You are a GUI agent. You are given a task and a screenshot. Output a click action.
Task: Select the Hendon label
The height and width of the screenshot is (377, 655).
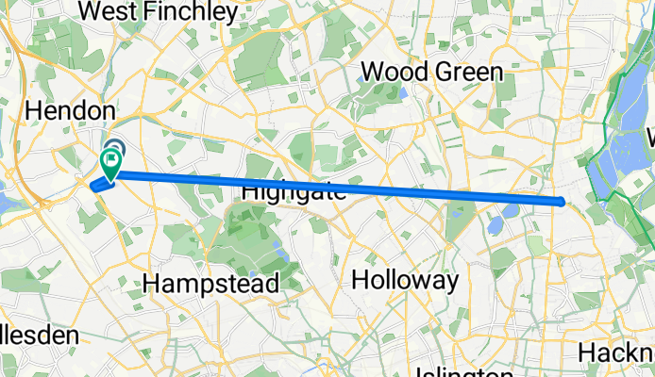(x=71, y=110)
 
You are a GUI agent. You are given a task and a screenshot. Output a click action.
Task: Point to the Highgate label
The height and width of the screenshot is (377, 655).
(x=294, y=190)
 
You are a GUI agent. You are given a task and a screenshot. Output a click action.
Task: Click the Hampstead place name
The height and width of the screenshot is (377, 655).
(x=210, y=283)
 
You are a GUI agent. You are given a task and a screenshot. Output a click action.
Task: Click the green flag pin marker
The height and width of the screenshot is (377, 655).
(x=110, y=166)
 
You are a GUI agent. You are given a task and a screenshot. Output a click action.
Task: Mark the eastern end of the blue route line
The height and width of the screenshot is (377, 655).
(x=563, y=201)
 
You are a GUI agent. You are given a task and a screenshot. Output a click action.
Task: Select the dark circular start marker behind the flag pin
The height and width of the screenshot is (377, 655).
(x=114, y=148)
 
